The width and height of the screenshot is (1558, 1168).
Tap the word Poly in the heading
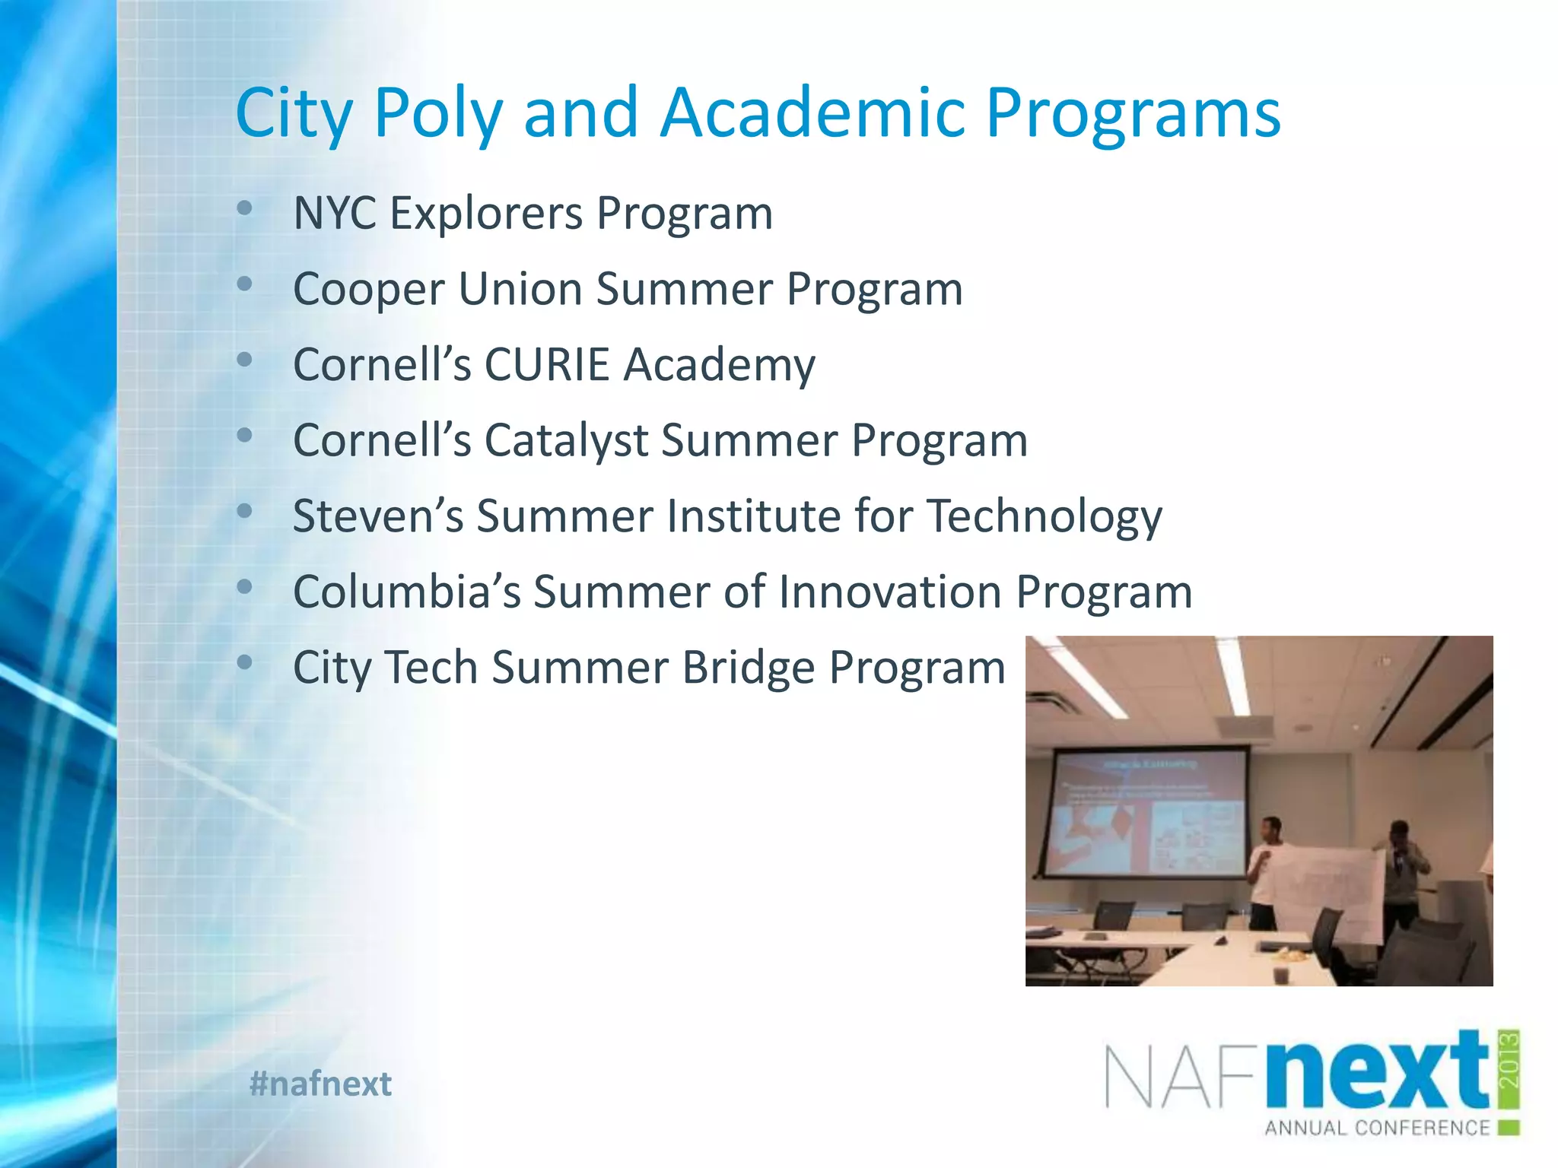[x=438, y=114]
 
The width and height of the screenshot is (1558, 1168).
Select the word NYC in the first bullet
[x=335, y=213]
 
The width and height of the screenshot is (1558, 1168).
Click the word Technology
[x=1044, y=517]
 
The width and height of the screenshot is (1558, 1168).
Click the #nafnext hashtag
[x=320, y=1084]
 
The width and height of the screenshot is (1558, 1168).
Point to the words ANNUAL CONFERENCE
[x=1377, y=1128]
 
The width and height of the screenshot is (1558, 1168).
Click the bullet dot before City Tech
[x=244, y=662]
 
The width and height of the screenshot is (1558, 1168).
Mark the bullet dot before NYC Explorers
[x=244, y=208]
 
